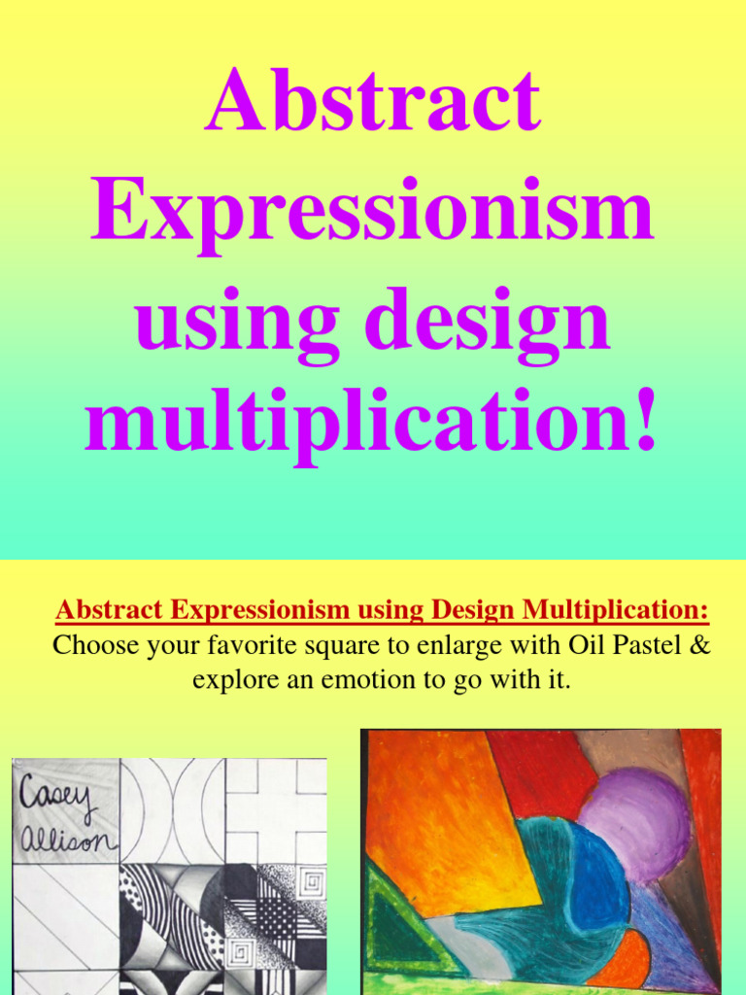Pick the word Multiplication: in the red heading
pyautogui.click(x=615, y=610)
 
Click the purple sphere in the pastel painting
pyautogui.click(x=635, y=825)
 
